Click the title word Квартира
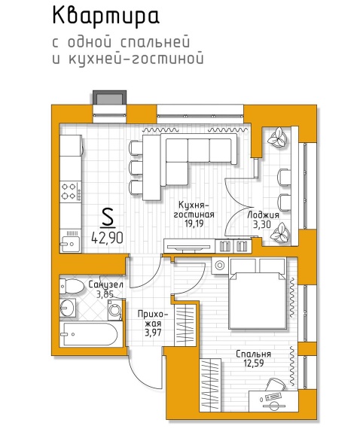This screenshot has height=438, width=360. (x=105, y=17)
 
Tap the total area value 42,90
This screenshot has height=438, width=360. (x=108, y=238)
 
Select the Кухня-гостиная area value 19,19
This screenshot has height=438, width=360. (x=194, y=223)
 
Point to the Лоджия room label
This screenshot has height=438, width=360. (x=264, y=214)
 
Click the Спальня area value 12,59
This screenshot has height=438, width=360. (x=254, y=363)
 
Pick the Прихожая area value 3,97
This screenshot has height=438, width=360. (x=153, y=333)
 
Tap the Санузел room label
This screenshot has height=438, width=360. (x=106, y=284)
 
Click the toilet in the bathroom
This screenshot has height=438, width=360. (x=72, y=286)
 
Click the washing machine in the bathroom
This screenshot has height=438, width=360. (x=115, y=310)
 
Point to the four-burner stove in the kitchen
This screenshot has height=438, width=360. (x=71, y=192)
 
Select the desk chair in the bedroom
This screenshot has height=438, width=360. (x=275, y=385)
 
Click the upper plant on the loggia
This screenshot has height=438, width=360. (x=278, y=137)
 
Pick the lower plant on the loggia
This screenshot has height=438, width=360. (x=279, y=232)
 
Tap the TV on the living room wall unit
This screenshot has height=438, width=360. (x=188, y=247)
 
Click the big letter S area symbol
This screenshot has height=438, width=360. (x=108, y=218)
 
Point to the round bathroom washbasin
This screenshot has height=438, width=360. (x=67, y=308)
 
